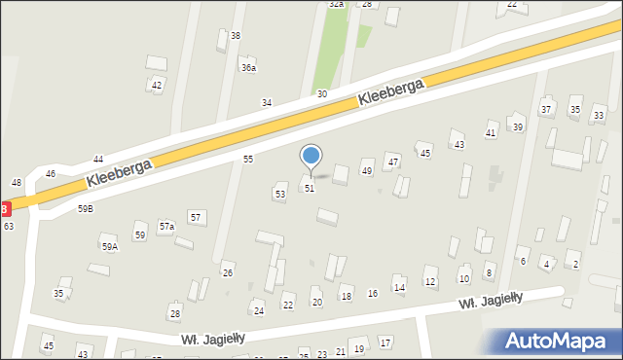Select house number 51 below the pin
(x=310, y=188)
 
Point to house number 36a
(x=249, y=68)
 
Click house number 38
(x=235, y=36)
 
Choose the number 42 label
(x=156, y=85)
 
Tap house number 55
(x=248, y=159)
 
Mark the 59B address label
(x=86, y=208)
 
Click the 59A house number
(x=109, y=247)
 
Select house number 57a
(x=166, y=227)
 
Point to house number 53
(x=280, y=195)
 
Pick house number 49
(x=367, y=171)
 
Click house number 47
(x=393, y=161)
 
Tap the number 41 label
(x=491, y=132)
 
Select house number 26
(x=228, y=272)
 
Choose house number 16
(x=372, y=294)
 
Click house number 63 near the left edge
(x=8, y=226)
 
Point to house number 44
(x=98, y=159)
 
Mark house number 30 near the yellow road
(x=321, y=94)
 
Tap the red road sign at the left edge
(x=4, y=208)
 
